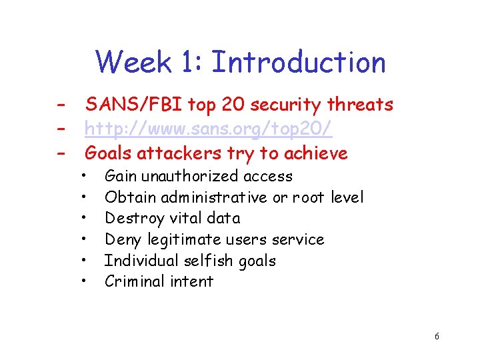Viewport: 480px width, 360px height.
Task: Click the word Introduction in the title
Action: click(x=298, y=62)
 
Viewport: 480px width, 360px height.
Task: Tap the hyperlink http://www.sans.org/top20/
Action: click(x=208, y=129)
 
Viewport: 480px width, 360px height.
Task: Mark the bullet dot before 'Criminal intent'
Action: click(x=83, y=282)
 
